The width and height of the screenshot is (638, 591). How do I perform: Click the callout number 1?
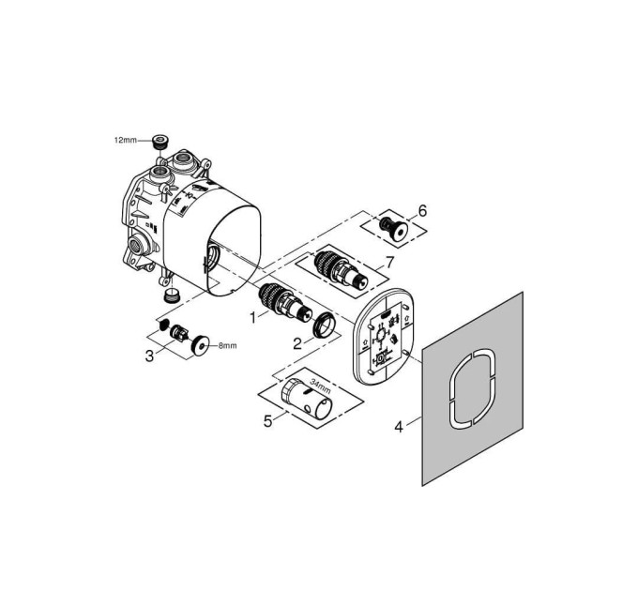coord(253,318)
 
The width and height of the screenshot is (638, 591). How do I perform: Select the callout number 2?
coord(297,344)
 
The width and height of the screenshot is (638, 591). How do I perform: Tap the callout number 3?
coord(150,356)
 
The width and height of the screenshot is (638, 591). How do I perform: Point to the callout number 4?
coord(399,427)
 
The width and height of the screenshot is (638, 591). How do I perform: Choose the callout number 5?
coord(267,421)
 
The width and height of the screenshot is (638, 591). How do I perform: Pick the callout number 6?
coord(422,211)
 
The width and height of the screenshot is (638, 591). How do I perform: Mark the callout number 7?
coord(389,263)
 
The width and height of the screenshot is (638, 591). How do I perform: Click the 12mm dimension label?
coord(126,141)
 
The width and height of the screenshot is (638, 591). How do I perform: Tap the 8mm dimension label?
coord(227,346)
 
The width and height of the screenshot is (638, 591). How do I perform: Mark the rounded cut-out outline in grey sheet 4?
coord(473,388)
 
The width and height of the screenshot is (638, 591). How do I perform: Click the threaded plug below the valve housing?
coord(172,295)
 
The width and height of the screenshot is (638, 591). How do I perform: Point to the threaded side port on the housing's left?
coord(135,245)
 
